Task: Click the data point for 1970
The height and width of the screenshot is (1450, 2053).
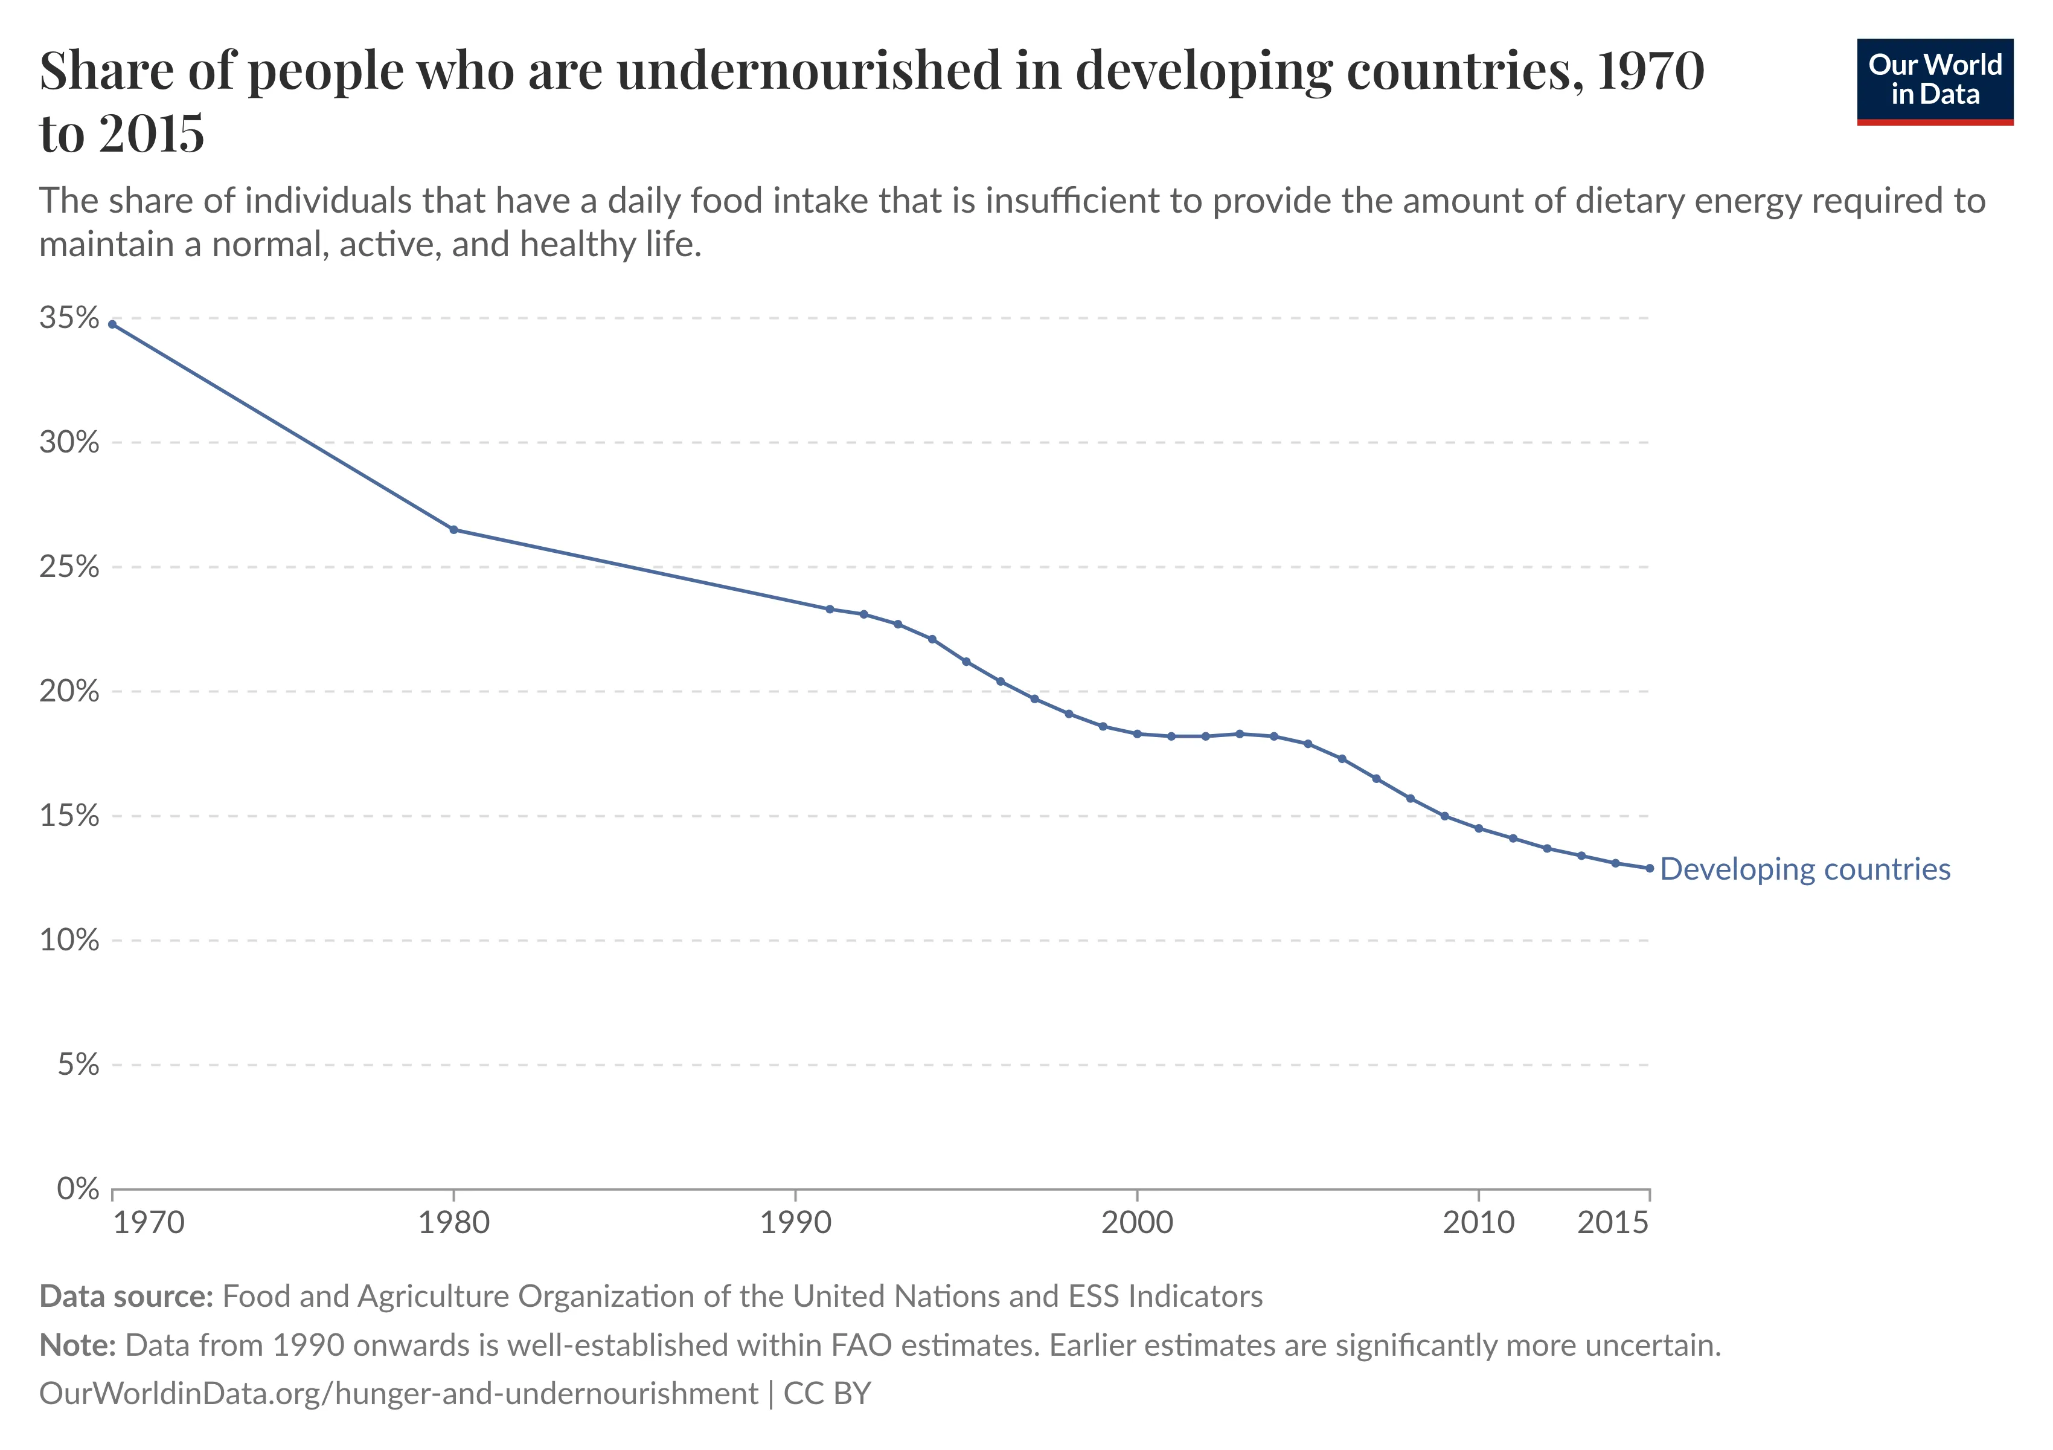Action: click(x=112, y=324)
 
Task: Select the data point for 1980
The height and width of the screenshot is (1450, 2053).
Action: click(x=453, y=529)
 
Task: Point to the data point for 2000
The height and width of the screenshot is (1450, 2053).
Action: click(x=1136, y=733)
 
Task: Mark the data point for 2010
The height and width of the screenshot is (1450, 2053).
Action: click(x=1478, y=828)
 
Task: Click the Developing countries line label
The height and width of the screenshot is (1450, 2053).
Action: click(x=1804, y=869)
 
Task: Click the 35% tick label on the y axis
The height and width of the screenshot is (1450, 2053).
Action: click(x=69, y=318)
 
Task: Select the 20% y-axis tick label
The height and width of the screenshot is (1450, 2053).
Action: click(x=69, y=691)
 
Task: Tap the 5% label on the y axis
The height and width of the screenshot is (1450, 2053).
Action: click(x=78, y=1065)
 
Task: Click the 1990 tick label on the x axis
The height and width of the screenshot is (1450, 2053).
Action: click(x=795, y=1222)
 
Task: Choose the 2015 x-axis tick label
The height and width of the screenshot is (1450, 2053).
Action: click(x=1612, y=1222)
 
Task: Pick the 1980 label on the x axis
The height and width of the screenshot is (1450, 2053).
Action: click(x=453, y=1222)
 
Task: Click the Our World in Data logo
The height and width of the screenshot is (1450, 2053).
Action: click(x=1934, y=80)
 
